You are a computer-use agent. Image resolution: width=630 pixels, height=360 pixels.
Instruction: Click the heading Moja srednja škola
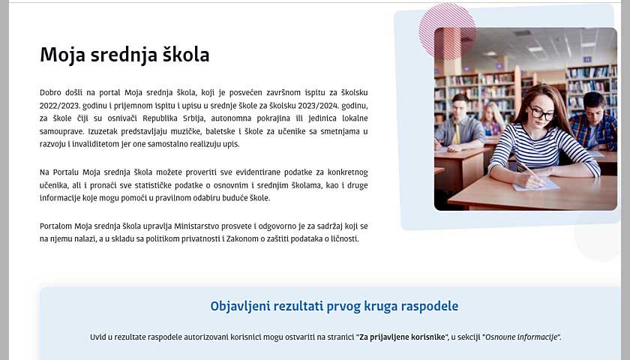124,55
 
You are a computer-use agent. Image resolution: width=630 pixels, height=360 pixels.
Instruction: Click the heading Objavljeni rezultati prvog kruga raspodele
334,306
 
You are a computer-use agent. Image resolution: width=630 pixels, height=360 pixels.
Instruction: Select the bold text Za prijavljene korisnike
403,337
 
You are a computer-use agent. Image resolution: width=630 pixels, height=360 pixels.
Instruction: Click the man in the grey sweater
459,126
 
